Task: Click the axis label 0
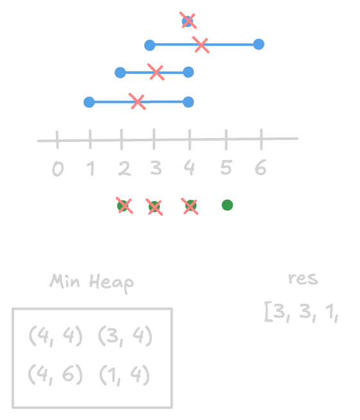[58, 169]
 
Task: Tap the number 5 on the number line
[226, 168]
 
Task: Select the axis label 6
[261, 167]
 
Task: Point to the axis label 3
[156, 168]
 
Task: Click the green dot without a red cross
[227, 205]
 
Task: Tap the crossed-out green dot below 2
[123, 206]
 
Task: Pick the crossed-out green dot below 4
[191, 206]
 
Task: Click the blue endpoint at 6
[259, 44]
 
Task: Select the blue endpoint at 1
[89, 102]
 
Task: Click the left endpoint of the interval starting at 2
[120, 73]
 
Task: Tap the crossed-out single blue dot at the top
[187, 21]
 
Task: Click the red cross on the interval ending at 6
[201, 45]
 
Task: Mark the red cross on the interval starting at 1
[137, 101]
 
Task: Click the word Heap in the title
[112, 283]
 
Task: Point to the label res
[304, 279]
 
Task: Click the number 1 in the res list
[330, 312]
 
